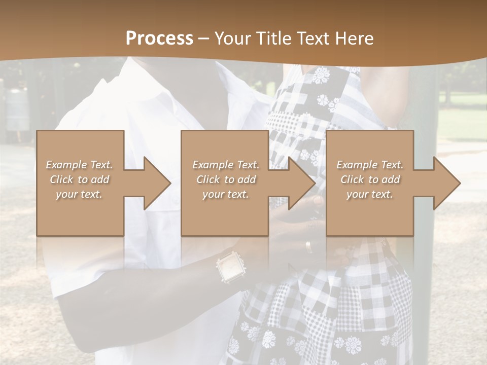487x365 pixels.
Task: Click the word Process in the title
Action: [159, 39]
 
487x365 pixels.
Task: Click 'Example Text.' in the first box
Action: [80, 165]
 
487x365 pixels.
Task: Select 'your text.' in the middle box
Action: [225, 194]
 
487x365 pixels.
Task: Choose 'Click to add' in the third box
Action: [370, 179]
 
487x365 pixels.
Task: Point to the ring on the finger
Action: [308, 246]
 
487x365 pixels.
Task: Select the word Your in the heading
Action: [230, 39]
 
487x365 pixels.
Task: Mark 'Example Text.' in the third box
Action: [370, 165]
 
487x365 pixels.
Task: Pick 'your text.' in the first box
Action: [80, 194]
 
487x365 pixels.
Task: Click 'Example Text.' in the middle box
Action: [225, 165]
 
